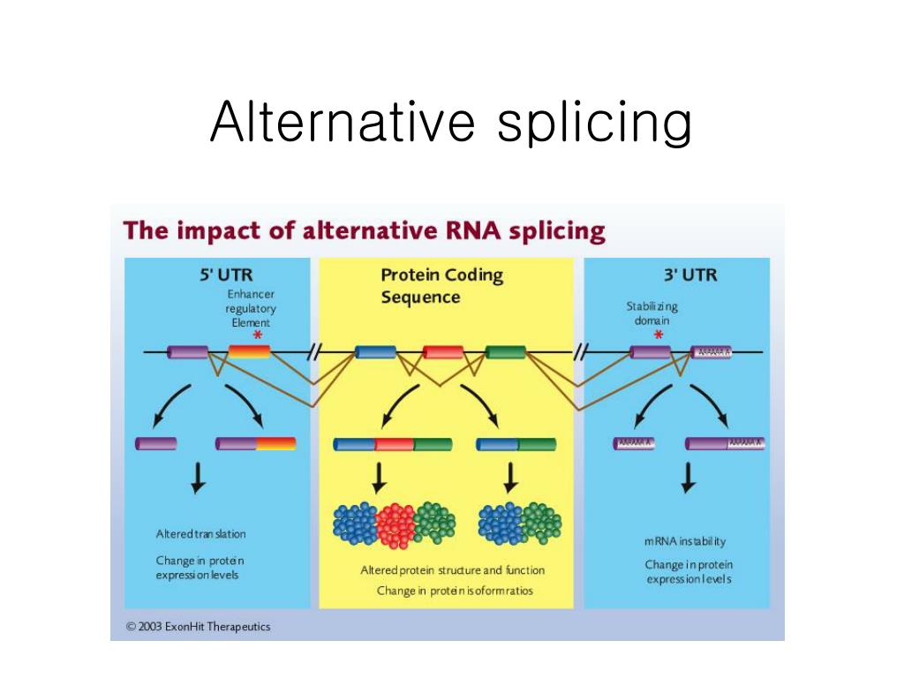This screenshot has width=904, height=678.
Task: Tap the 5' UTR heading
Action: tap(227, 275)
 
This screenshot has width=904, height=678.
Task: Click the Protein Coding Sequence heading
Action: tap(441, 285)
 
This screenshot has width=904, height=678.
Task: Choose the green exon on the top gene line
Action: tap(506, 352)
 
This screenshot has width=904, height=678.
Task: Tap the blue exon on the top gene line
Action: tap(375, 352)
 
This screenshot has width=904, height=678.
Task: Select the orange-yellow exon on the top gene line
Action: tap(249, 352)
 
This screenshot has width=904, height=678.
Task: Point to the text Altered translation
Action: tap(200, 534)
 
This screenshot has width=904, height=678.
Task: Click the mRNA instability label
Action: tap(685, 541)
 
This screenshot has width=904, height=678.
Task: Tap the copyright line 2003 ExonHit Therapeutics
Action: tap(198, 627)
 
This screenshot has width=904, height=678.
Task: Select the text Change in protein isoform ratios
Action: tap(454, 590)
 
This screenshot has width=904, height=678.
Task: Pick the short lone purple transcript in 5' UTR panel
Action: tap(155, 443)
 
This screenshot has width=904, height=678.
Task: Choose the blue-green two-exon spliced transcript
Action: tap(516, 444)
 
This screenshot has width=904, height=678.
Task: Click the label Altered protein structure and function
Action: tap(452, 570)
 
